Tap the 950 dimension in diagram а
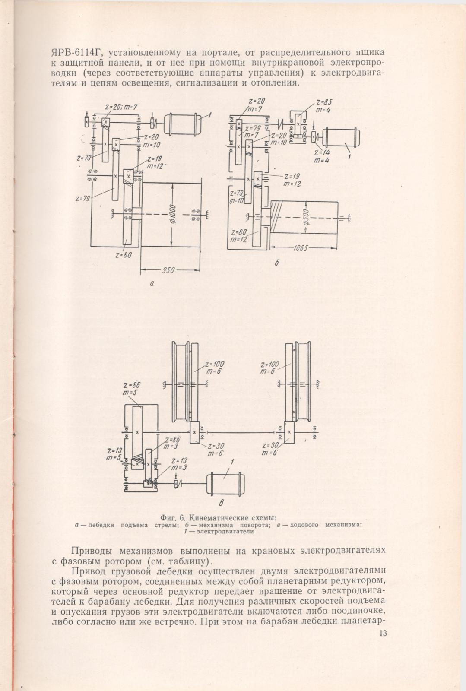coord(168,270)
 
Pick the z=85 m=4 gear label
coord(323,106)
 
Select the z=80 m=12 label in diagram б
coord(239,236)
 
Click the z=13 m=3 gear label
coord(180,464)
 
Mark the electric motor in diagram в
coord(225,484)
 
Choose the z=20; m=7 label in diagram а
coord(121,107)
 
